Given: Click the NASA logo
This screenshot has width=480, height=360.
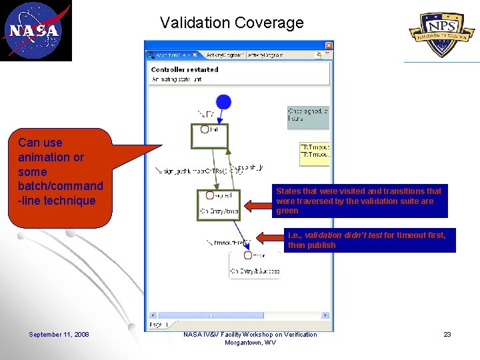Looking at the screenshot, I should [x=35, y=31].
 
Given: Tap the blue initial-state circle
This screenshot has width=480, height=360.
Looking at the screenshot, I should [x=224, y=101].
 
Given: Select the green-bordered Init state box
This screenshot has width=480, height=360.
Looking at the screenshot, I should [x=209, y=135].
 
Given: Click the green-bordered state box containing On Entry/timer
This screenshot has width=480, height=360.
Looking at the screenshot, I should [x=217, y=203].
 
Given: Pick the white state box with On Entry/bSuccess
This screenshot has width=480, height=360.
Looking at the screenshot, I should [x=254, y=264].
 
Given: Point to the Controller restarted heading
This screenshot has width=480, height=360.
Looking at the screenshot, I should [x=185, y=69].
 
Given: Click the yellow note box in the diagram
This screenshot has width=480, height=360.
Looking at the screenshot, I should [x=315, y=153].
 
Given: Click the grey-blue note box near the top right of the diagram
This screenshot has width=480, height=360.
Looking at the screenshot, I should [x=308, y=115].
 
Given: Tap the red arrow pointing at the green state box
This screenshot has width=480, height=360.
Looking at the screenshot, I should [x=257, y=201].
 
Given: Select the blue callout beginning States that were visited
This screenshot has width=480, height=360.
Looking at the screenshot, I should [x=359, y=201].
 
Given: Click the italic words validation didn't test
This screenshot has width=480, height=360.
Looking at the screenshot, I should [x=341, y=235].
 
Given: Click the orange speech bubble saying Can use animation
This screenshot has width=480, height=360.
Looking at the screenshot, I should [x=61, y=171].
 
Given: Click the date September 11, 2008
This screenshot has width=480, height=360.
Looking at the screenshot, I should [x=59, y=335].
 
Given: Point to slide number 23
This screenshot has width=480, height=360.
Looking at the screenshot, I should [x=447, y=335].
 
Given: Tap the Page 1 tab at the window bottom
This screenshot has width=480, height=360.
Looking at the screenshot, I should [x=156, y=325].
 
